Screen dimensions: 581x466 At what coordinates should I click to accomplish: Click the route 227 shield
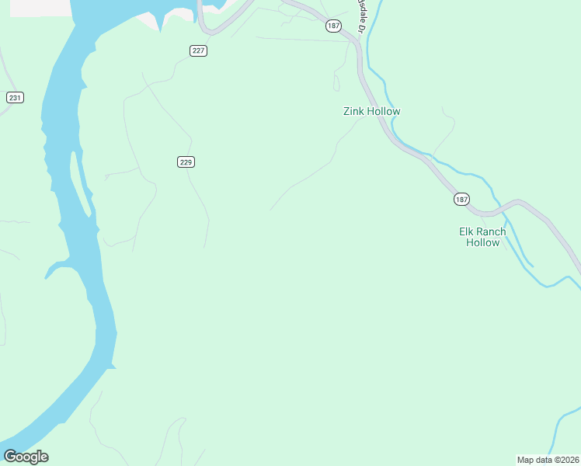click(x=198, y=50)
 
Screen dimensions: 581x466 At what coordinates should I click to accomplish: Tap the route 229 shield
click(x=186, y=162)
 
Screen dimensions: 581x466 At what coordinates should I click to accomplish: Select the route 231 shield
click(x=15, y=97)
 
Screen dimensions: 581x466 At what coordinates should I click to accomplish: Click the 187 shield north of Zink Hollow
click(x=333, y=26)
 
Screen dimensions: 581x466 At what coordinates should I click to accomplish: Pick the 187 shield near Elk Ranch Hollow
click(x=461, y=200)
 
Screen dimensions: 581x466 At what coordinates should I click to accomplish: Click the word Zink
click(x=354, y=111)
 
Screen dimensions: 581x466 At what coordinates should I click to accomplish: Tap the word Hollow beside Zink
click(x=384, y=111)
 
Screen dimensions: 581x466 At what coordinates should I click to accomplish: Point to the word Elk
click(x=467, y=231)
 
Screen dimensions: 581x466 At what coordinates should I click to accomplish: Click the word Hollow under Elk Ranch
click(x=482, y=242)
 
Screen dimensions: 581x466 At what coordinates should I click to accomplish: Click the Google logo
click(x=26, y=456)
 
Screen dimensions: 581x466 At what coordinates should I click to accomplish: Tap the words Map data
click(x=535, y=459)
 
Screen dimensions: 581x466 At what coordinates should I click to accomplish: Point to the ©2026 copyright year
click(x=566, y=459)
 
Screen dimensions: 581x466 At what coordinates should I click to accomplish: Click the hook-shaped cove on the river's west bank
click(x=56, y=270)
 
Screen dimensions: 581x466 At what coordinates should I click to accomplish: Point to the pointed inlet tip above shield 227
click(x=161, y=30)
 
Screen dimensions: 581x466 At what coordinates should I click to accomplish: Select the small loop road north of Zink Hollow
click(x=337, y=82)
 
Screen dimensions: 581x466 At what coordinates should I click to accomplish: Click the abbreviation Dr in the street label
click(x=361, y=29)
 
